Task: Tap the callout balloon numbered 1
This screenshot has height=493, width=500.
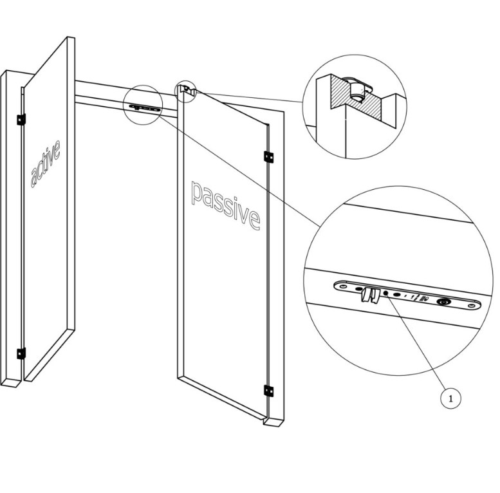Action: pos(451,398)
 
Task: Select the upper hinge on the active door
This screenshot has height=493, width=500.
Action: pos(21,119)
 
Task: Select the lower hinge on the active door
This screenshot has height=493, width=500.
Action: pos(21,353)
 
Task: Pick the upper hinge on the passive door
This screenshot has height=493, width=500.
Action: pos(268,156)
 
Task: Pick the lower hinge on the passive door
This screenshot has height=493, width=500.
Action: pos(268,390)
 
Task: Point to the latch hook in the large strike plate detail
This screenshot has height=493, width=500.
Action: pos(367,296)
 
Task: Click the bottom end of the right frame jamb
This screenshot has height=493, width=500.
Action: pos(273,422)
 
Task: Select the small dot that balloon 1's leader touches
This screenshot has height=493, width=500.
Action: pos(386,293)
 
